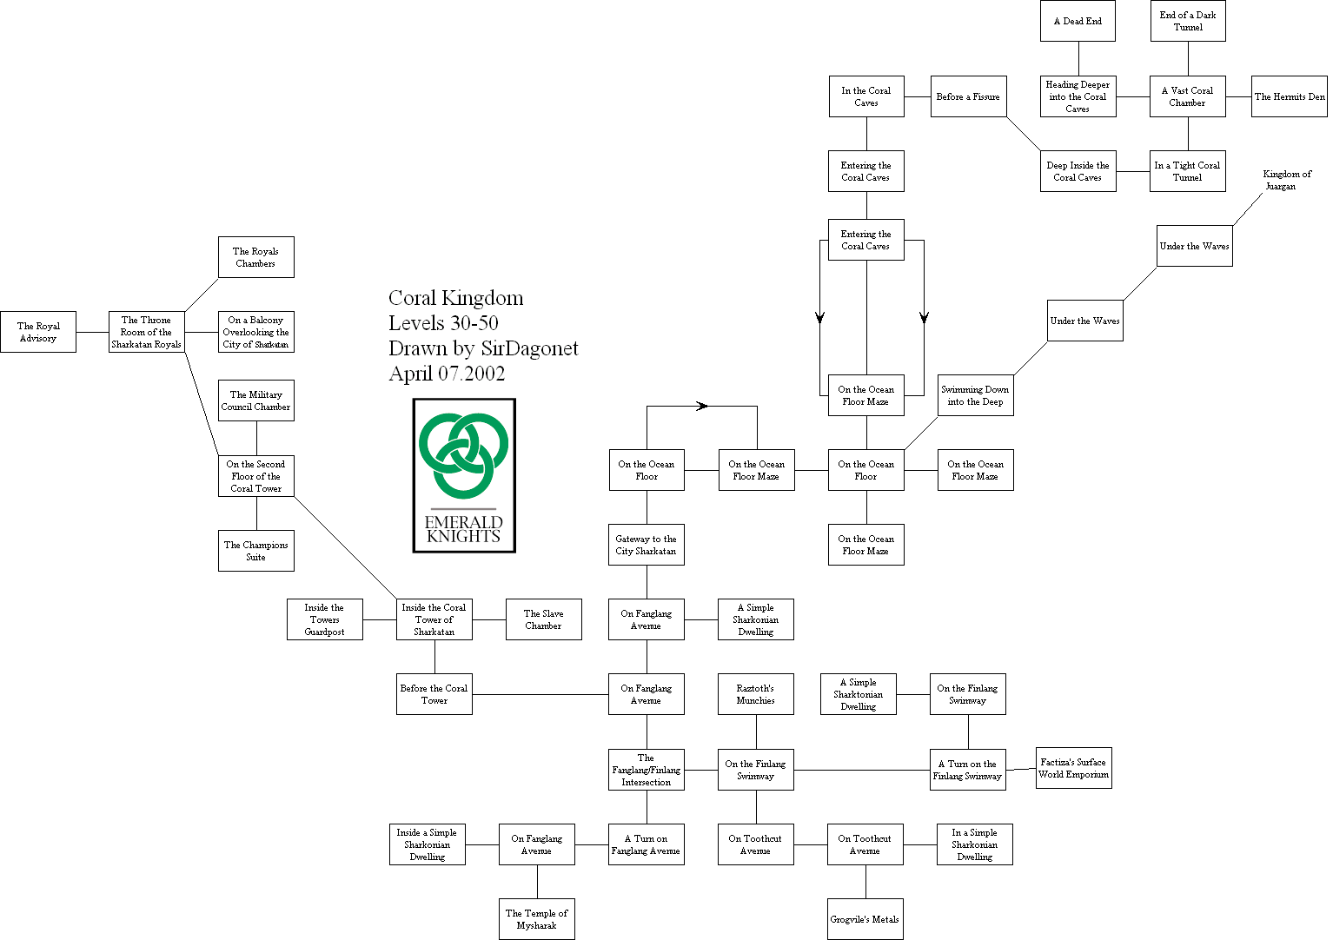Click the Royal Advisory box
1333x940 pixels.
click(38, 332)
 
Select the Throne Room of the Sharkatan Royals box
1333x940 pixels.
click(146, 332)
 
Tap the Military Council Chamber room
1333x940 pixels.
click(256, 400)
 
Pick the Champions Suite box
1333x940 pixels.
click(256, 551)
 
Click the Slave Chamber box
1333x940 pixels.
click(543, 619)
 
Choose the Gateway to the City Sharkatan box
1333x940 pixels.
click(647, 545)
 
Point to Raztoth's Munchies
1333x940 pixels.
click(756, 694)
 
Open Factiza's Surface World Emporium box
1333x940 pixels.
click(1073, 768)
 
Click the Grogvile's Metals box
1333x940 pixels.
click(865, 919)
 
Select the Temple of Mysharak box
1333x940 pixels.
click(537, 919)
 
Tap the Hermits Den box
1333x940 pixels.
click(1290, 96)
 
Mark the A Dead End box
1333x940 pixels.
click(1078, 21)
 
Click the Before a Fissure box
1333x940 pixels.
click(968, 96)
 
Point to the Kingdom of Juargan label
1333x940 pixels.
click(1286, 180)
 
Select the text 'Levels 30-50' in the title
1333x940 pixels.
click(443, 323)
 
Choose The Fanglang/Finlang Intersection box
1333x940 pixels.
click(647, 770)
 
